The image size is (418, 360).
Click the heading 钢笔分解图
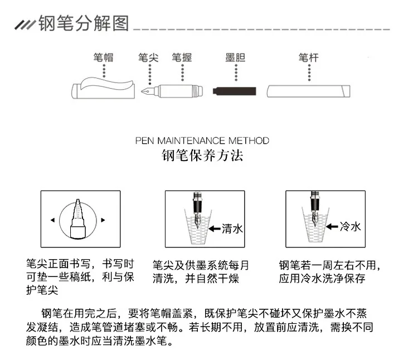click(x=84, y=23)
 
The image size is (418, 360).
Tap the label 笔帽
click(x=103, y=57)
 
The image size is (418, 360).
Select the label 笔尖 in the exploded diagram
click(x=148, y=57)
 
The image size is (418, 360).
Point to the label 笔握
click(x=181, y=57)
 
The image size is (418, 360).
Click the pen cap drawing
click(x=104, y=89)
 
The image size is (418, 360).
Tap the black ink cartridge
click(x=236, y=90)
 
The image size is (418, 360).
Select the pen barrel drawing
click(x=307, y=91)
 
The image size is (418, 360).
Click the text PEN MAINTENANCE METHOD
click(x=202, y=140)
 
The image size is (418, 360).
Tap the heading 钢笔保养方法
click(x=202, y=155)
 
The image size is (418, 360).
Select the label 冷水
click(x=351, y=226)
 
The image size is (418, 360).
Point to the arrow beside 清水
click(x=215, y=228)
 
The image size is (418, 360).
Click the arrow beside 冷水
click(x=333, y=226)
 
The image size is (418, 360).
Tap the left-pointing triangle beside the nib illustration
click(x=52, y=220)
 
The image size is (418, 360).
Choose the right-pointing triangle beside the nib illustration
click(x=104, y=220)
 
